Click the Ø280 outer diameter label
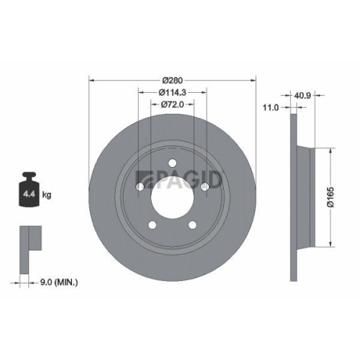(x=173, y=79)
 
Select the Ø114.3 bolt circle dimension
(x=173, y=92)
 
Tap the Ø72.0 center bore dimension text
(x=173, y=105)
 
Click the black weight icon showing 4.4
(x=30, y=189)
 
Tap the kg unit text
(x=47, y=194)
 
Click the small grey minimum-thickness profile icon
(x=27, y=242)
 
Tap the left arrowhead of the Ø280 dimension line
(x=91, y=79)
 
